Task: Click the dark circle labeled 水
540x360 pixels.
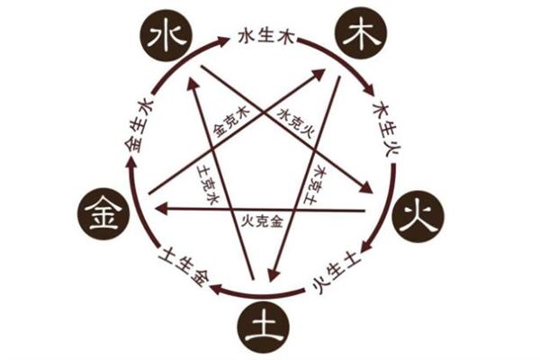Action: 166,35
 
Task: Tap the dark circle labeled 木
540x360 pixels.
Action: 360,34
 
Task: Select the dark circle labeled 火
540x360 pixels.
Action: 418,216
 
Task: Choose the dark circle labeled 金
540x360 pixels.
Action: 103,214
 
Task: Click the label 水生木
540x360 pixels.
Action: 265,37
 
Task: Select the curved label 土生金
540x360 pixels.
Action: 184,267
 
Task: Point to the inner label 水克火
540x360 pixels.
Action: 297,123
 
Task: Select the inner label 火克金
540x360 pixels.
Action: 263,220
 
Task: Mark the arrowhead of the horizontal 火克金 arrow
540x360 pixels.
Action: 161,209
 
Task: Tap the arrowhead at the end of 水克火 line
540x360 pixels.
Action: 366,188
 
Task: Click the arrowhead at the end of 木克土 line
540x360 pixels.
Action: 273,274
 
